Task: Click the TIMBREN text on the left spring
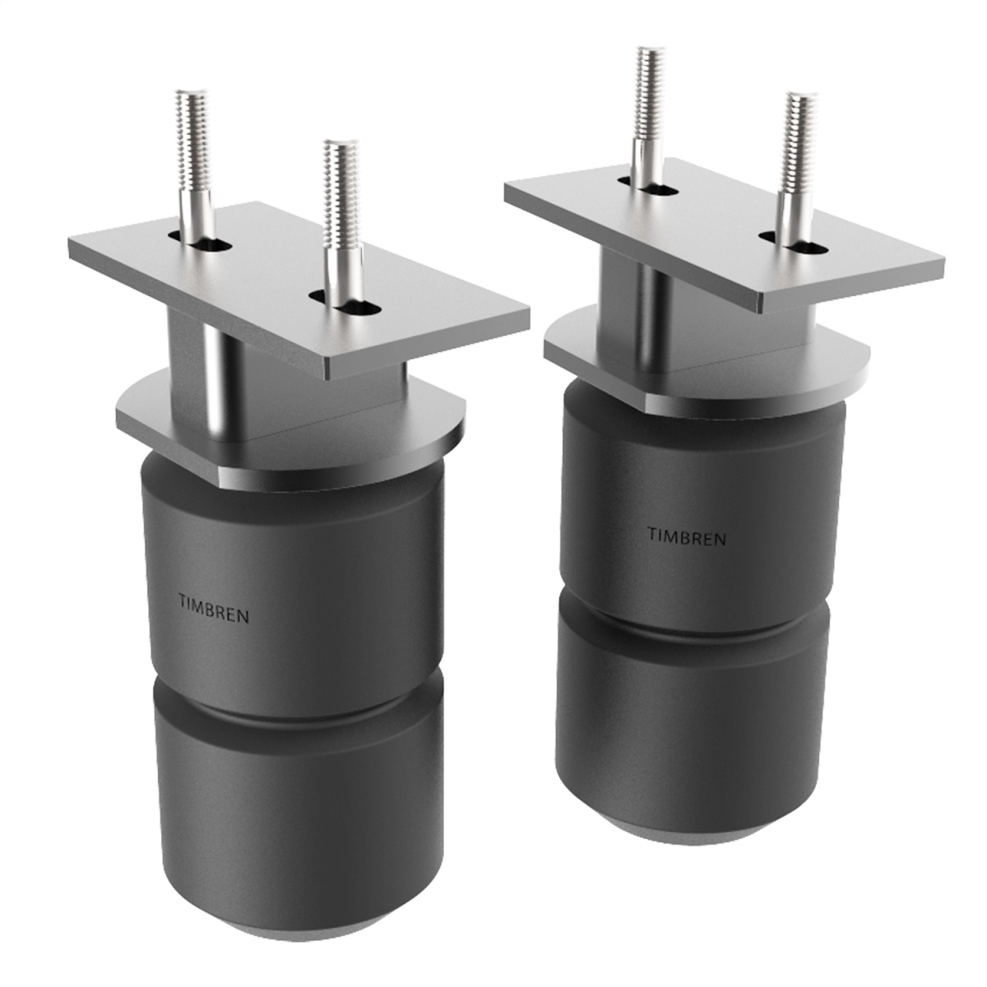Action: [x=213, y=611]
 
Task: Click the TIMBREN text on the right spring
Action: [x=686, y=538]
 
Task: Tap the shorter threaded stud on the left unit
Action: [x=338, y=214]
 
